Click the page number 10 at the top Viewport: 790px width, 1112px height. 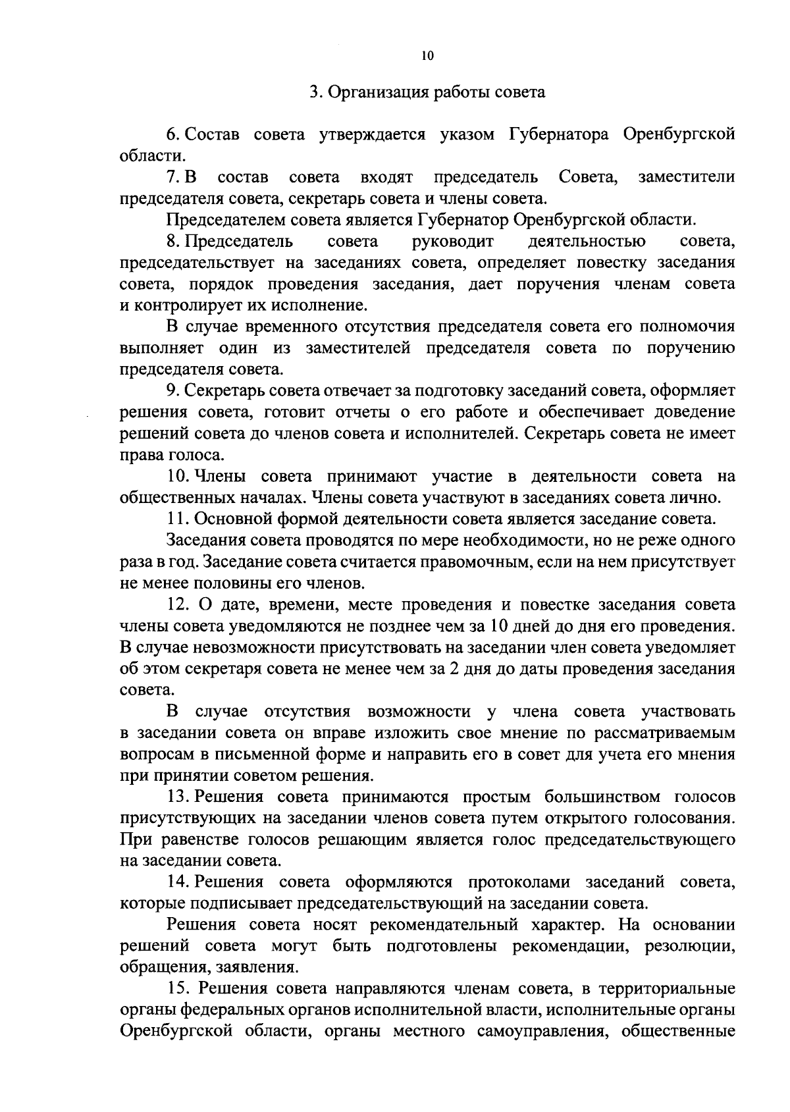tap(427, 57)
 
